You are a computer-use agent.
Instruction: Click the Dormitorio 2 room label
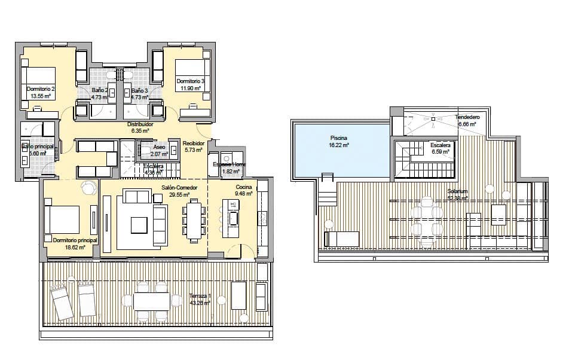[41, 89]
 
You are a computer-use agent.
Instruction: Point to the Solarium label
[457, 192]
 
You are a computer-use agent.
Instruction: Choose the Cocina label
[243, 187]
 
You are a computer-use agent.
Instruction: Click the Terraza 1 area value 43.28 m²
[200, 303]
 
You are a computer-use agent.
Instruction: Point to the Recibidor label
[194, 144]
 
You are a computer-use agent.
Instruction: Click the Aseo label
[159, 147]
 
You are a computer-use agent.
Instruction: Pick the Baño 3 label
[139, 90]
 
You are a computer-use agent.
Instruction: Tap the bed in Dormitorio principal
[62, 219]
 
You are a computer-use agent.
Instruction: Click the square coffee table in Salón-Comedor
[139, 224]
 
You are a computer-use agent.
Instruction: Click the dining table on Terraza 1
[151, 301]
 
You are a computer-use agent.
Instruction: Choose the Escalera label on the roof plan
[440, 145]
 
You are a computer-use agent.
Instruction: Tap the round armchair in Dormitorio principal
[89, 188]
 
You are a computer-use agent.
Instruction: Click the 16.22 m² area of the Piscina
[338, 145]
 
